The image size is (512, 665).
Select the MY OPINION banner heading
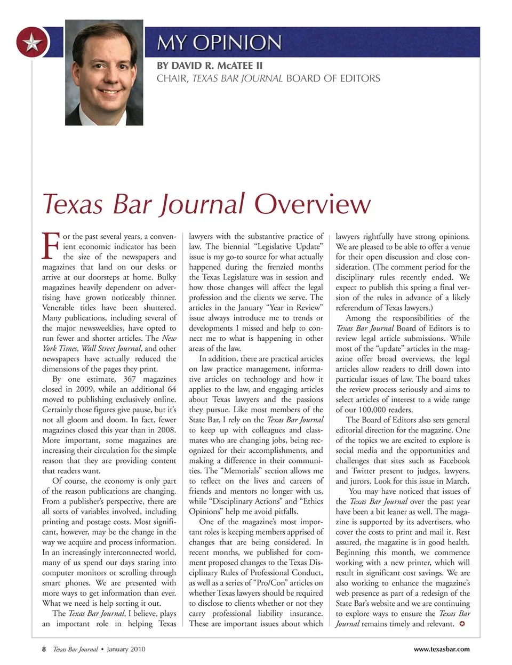pyautogui.click(x=219, y=42)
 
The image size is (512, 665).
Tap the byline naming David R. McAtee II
pyautogui.click(x=210, y=66)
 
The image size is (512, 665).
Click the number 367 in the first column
pyautogui.click(x=130, y=379)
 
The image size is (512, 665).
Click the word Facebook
pyautogui.click(x=454, y=461)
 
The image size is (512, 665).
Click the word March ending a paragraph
pyautogui.click(x=457, y=481)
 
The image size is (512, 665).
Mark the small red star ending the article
pyautogui.click(x=462, y=623)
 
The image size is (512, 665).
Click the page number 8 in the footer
pyautogui.click(x=44, y=649)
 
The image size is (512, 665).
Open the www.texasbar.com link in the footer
pyautogui.click(x=442, y=649)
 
